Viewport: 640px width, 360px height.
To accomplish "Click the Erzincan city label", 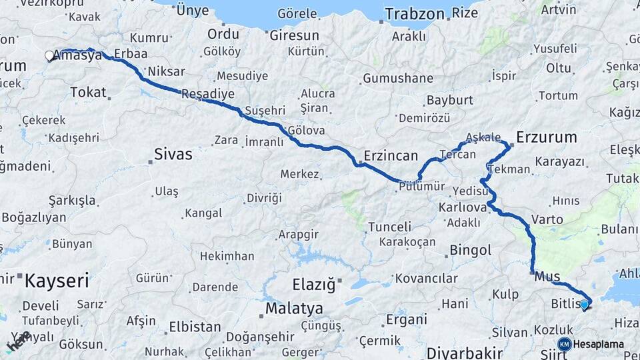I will pos(390,156).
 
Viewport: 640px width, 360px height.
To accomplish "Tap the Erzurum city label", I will pos(546,137).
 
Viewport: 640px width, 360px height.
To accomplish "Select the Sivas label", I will pos(173,155).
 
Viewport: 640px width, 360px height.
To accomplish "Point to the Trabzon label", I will pos(414,14).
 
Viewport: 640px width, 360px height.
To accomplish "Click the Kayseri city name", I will pos(57,281).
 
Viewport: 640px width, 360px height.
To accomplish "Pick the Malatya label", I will pos(294,309).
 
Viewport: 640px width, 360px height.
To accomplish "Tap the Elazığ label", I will pos(314,285).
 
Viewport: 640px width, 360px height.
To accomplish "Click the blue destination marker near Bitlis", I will pos(585,305).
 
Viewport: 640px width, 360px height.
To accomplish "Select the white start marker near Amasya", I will pos(49,56).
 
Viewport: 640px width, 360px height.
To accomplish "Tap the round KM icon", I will pos(565,344).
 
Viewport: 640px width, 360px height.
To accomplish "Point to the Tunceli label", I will pos(390,227).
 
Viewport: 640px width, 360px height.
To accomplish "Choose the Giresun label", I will pos(294,35).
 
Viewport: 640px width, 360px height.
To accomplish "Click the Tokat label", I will pos(88,92).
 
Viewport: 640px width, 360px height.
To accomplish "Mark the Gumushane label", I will pos(398,79).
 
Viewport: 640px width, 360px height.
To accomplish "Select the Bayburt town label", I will pos(449,101).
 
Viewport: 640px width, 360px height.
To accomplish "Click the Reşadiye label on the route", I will pos(209,93).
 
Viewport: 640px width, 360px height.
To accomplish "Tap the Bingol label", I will pos(471,251).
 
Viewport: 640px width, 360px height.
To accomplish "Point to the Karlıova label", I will pos(463,207).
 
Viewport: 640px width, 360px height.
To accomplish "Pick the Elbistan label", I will pos(195,327).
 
